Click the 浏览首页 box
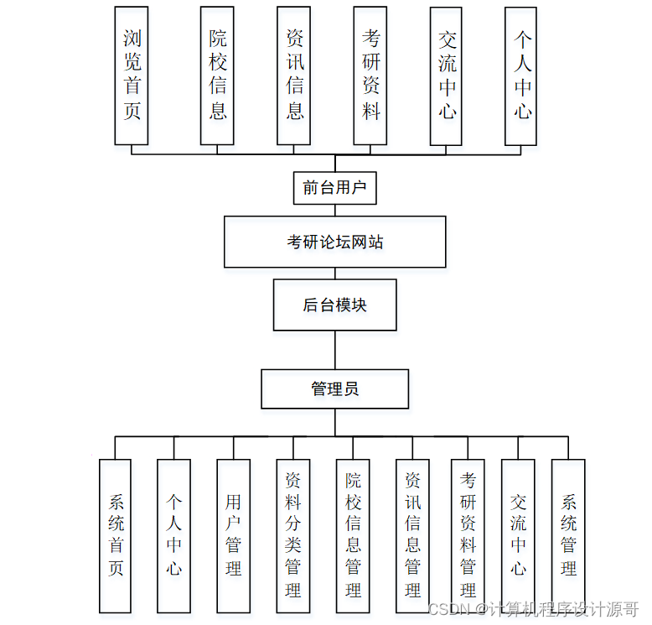pyautogui.click(x=132, y=76)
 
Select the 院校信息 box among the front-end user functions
pyautogui.click(x=217, y=76)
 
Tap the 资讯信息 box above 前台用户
pyautogui.click(x=294, y=76)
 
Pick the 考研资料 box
pyautogui.click(x=370, y=76)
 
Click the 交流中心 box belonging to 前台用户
pyautogui.click(x=447, y=76)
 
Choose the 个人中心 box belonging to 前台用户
pyautogui.click(x=521, y=76)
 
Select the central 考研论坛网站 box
pyautogui.click(x=334, y=242)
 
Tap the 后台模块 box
pyautogui.click(x=334, y=305)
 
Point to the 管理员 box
pyautogui.click(x=334, y=389)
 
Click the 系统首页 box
pyautogui.click(x=115, y=535)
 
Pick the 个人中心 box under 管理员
pyautogui.click(x=173, y=535)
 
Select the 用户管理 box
pyautogui.click(x=233, y=535)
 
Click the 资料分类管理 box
pyautogui.click(x=292, y=535)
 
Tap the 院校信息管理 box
pyautogui.click(x=353, y=535)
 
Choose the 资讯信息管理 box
pyautogui.click(x=412, y=535)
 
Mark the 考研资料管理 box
pyautogui.click(x=468, y=535)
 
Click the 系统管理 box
pyautogui.click(x=568, y=535)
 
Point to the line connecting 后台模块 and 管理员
pyautogui.click(x=334, y=350)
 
